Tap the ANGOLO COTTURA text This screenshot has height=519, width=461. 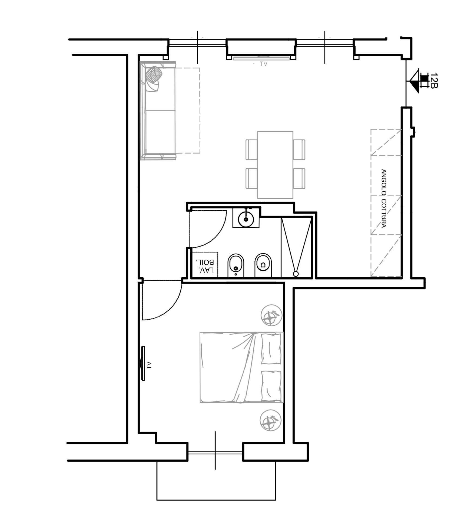(383, 198)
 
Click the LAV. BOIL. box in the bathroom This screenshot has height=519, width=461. (205, 265)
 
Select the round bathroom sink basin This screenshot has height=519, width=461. (246, 219)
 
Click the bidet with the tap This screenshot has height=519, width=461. (236, 266)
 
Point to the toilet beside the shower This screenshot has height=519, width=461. (263, 265)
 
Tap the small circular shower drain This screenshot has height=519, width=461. (296, 274)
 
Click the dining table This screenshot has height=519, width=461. (275, 165)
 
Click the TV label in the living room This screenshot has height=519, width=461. (264, 64)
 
